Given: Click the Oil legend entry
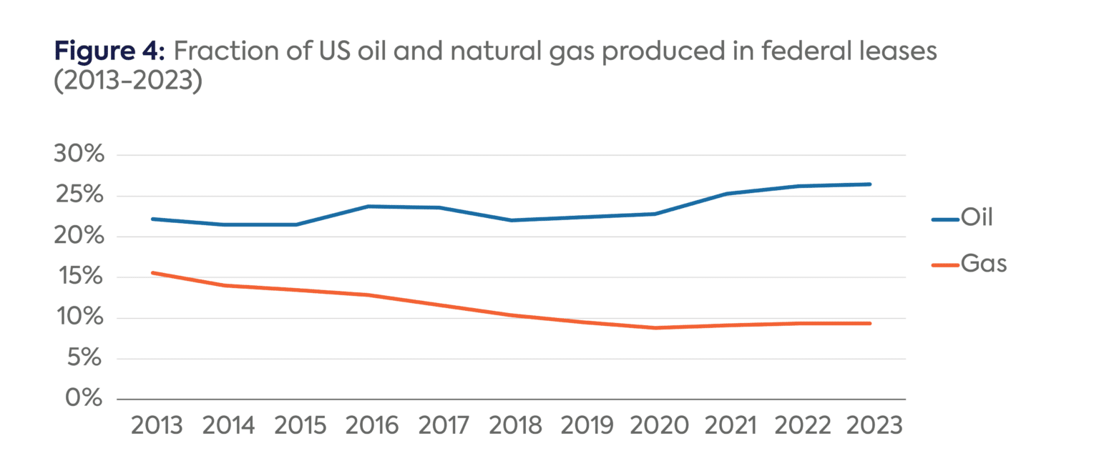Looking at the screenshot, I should (x=962, y=218).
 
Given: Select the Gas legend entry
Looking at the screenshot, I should (x=969, y=264).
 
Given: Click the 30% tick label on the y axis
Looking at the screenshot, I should (x=79, y=155).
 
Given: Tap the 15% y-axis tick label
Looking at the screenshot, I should (x=79, y=277).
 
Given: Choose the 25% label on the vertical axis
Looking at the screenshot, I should (x=79, y=196).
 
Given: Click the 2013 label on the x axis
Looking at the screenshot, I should (x=157, y=426).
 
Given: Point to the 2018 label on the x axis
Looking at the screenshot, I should (x=513, y=426).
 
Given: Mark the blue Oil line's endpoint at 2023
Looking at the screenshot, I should (x=870, y=184).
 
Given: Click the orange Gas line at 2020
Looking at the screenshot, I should (x=655, y=328).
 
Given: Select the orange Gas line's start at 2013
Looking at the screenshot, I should (x=153, y=272).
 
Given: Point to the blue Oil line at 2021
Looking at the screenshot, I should (x=727, y=194).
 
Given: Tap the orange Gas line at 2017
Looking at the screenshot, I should (x=440, y=305).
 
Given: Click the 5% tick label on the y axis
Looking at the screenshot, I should (x=87, y=358).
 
